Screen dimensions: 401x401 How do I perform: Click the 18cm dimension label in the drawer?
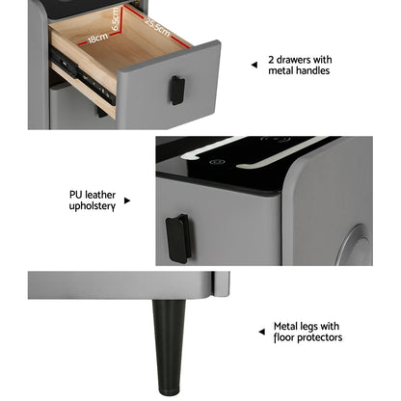pyautogui.click(x=97, y=40)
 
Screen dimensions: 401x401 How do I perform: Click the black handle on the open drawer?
pyautogui.click(x=177, y=90)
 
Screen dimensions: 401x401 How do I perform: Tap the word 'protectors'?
pyautogui.click(x=319, y=337)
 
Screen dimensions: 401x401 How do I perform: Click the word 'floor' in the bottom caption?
pyautogui.click(x=284, y=337)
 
